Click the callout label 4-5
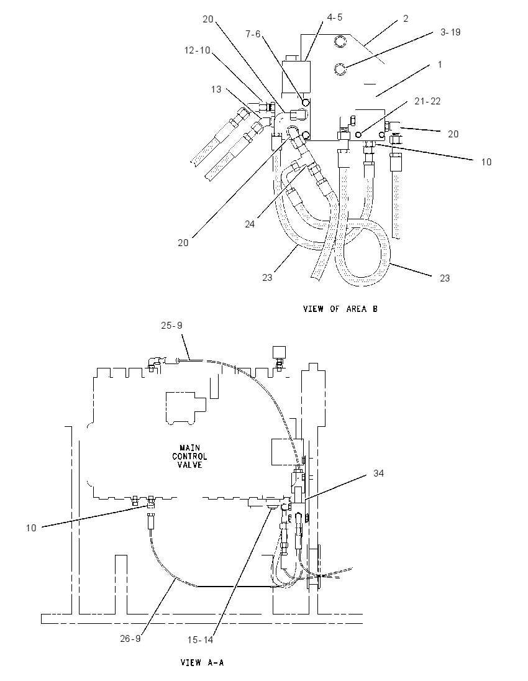(x=334, y=17)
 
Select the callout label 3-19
(x=450, y=32)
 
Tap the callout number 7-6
(x=253, y=34)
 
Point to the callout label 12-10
(x=197, y=50)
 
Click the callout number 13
(x=216, y=89)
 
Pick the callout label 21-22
(x=427, y=101)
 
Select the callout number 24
(x=250, y=224)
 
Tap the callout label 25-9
(x=171, y=326)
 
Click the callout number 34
(x=379, y=473)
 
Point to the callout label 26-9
(x=130, y=639)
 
